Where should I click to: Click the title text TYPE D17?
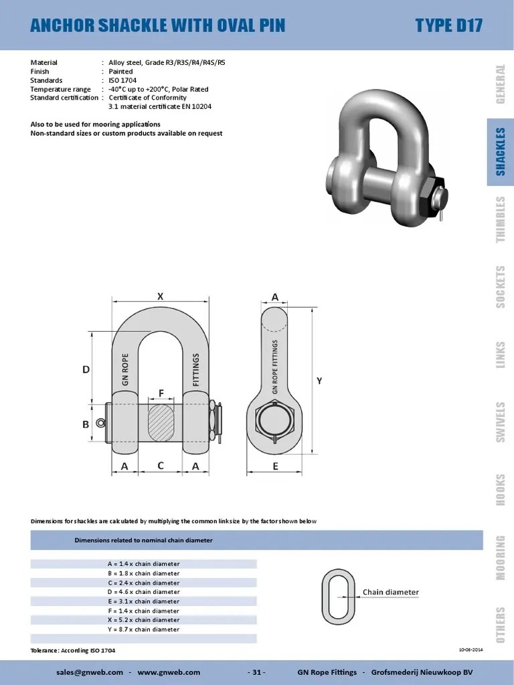click(448, 25)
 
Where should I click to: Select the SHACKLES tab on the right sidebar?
click(500, 152)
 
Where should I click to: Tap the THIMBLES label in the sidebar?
click(500, 220)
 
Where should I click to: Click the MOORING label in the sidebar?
click(500, 557)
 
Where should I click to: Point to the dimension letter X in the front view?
click(160, 295)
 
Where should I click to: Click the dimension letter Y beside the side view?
click(319, 380)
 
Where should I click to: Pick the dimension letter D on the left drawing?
click(86, 369)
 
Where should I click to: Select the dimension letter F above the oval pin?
click(161, 394)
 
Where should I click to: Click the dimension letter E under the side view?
click(275, 467)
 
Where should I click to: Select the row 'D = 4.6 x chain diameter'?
click(143, 592)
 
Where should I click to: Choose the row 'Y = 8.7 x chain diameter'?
click(143, 629)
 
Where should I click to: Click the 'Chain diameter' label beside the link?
click(390, 592)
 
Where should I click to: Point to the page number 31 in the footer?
click(256, 672)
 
